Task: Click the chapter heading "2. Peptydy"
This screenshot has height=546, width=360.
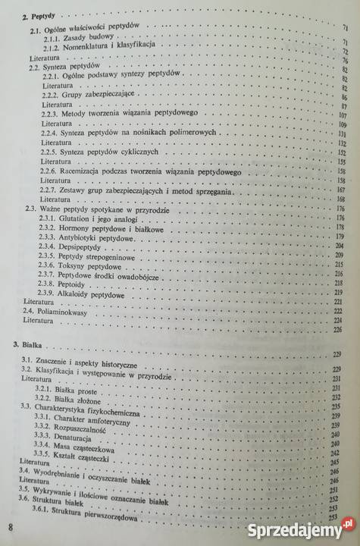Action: [x=36, y=15]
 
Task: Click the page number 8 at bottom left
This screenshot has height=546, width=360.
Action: [x=11, y=526]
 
